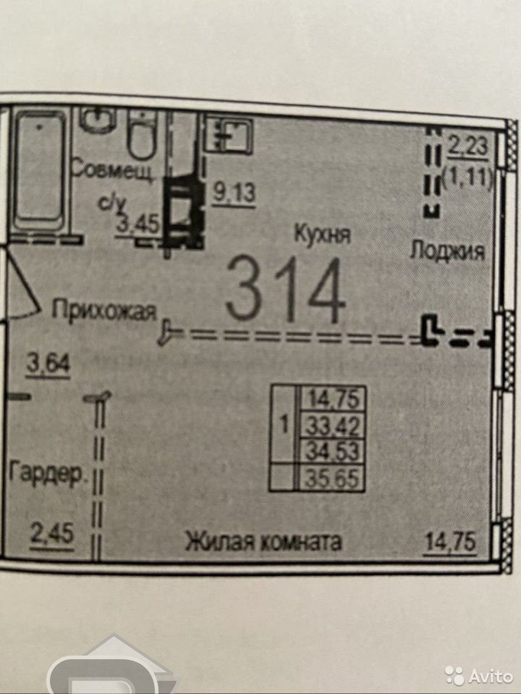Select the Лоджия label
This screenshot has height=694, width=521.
click(447, 251)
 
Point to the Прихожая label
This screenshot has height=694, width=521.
click(104, 311)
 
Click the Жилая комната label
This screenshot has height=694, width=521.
click(264, 542)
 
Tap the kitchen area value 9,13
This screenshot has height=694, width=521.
click(233, 193)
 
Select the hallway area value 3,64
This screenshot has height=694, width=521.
click(48, 364)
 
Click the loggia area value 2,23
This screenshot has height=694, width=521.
click(468, 147)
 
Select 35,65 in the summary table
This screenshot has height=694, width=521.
click(333, 479)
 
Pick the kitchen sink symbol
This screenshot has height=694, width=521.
click(229, 133)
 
